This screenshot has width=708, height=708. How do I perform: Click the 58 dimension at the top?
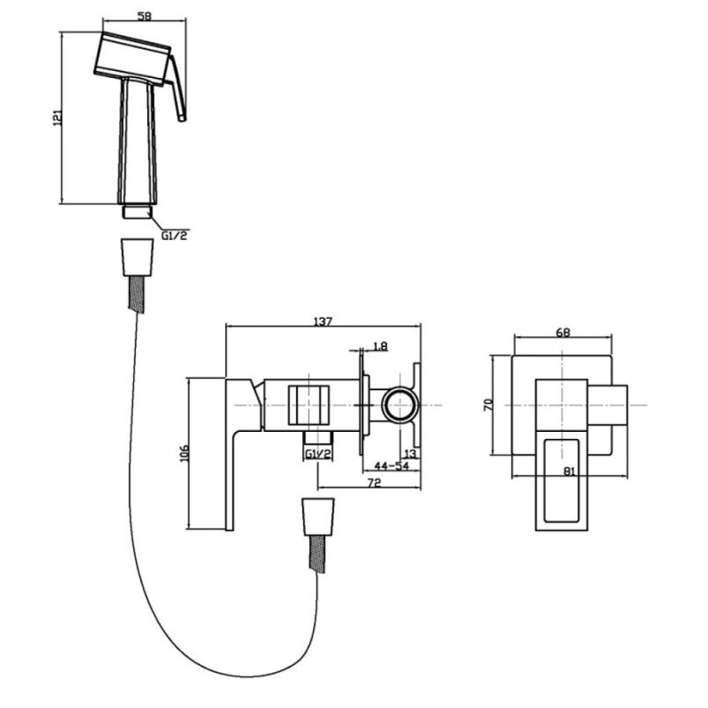click(x=144, y=17)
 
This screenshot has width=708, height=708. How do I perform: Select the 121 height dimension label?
click(x=57, y=118)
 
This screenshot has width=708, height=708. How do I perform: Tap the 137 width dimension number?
click(x=323, y=322)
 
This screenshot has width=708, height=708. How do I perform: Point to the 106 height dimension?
click(x=184, y=453)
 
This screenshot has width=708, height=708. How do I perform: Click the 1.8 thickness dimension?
click(x=380, y=346)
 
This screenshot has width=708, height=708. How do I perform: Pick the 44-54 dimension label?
click(x=391, y=466)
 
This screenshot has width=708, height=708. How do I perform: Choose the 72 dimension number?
click(x=374, y=483)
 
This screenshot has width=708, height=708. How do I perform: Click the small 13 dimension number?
click(x=410, y=453)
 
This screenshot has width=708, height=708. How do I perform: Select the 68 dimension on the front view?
click(x=563, y=332)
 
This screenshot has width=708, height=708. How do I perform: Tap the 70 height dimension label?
click(x=489, y=404)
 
